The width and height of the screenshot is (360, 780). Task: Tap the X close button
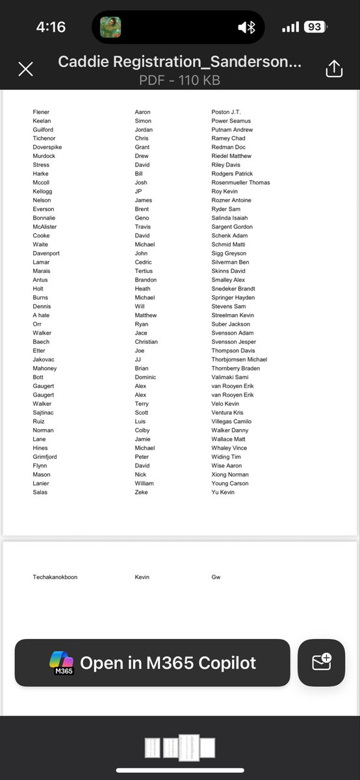pos(25,69)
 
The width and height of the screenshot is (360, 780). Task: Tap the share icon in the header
pos(333,69)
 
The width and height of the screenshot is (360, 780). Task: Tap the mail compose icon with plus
pos(321,662)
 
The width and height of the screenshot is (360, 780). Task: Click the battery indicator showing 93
pos(315,27)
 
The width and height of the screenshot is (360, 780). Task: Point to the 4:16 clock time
pos(51,27)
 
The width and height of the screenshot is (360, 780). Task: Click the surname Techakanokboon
pos(55,577)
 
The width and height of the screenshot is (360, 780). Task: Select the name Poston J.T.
pos(226,112)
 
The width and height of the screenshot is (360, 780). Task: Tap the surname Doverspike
pos(47,148)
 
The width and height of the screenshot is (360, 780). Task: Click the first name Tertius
pos(144,271)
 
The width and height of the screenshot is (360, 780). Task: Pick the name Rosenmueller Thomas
pos(240,183)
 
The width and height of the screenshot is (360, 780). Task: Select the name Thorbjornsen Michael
pos(239,359)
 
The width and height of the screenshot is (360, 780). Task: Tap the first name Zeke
pos(141,492)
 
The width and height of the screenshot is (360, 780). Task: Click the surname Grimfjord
pos(47,457)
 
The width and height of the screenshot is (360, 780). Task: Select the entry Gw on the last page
pos(216,577)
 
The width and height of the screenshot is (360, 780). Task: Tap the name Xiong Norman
pos(230,474)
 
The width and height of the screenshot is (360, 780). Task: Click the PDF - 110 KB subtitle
pos(179,81)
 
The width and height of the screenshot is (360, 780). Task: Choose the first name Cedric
pos(144,262)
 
